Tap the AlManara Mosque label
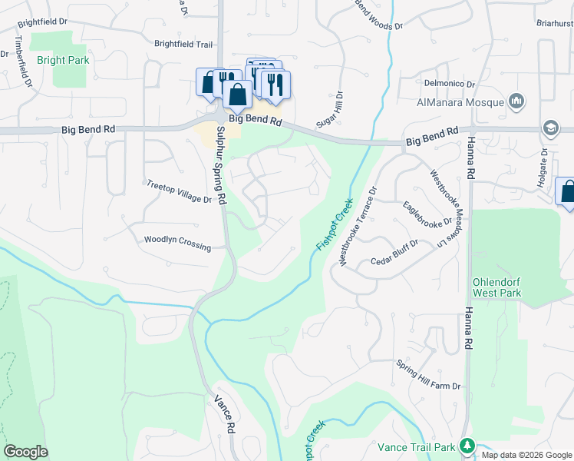(x=460, y=102)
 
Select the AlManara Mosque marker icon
(x=516, y=101)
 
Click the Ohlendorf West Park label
(x=498, y=288)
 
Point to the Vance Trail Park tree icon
(x=467, y=446)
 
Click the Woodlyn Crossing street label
(x=177, y=240)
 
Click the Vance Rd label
(x=223, y=415)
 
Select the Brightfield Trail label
(x=183, y=45)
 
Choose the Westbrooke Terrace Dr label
(x=358, y=227)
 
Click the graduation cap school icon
(x=550, y=128)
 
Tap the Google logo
(x=25, y=452)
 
